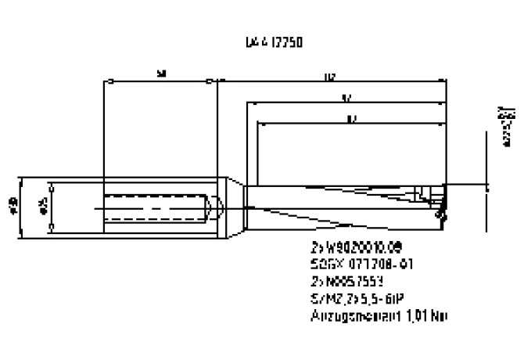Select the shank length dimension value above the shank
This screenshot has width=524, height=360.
pos(161,74)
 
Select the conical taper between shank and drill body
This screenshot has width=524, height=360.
pos(235,205)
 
